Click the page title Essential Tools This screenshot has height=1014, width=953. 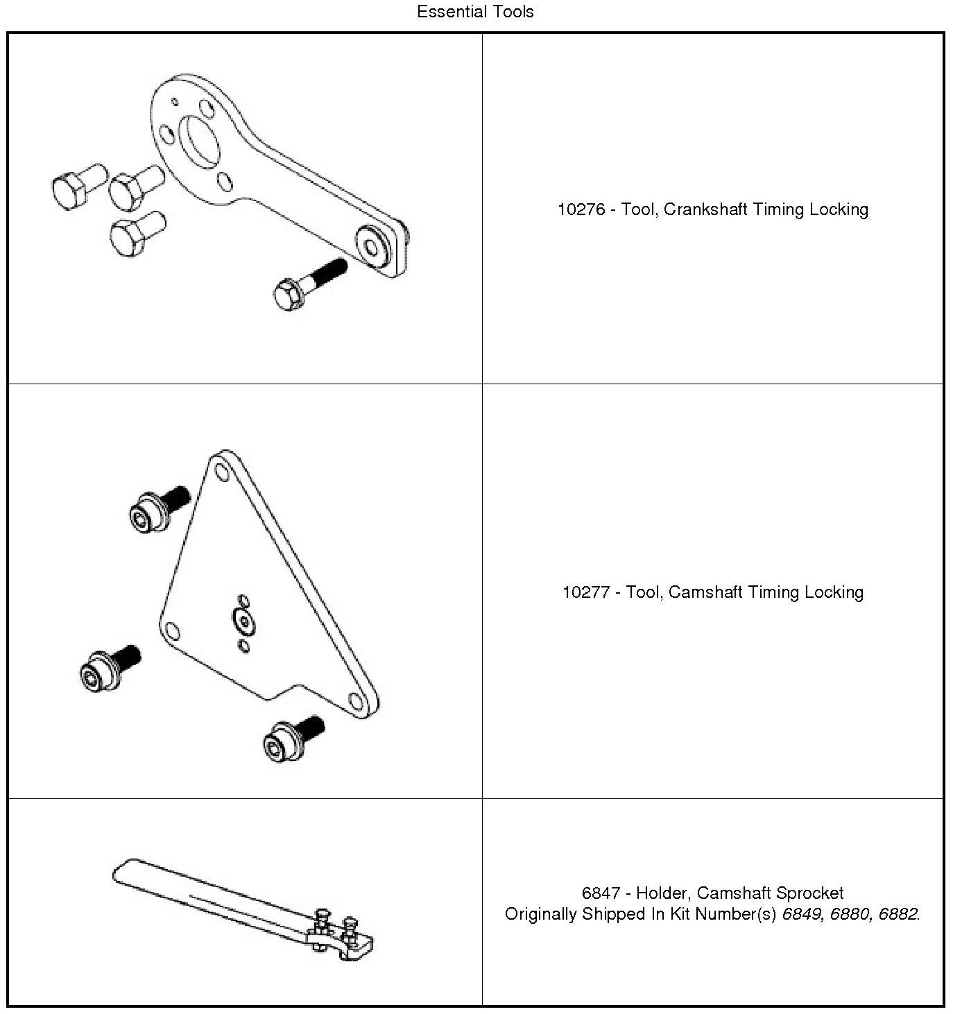pos(475,12)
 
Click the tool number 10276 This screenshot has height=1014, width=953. pos(581,209)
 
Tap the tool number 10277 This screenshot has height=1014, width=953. pos(585,592)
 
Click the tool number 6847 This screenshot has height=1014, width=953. pos(601,893)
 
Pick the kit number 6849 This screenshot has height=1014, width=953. pos(802,914)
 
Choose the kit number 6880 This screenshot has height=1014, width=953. pos(850,914)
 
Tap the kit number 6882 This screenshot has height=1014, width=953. pos(898,914)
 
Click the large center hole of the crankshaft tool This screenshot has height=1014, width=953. pos(201,141)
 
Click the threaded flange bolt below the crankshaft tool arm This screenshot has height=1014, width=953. pos(309,283)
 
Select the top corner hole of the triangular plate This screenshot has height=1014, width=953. pos(222,473)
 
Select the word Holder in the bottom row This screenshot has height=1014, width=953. pos(662,893)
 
